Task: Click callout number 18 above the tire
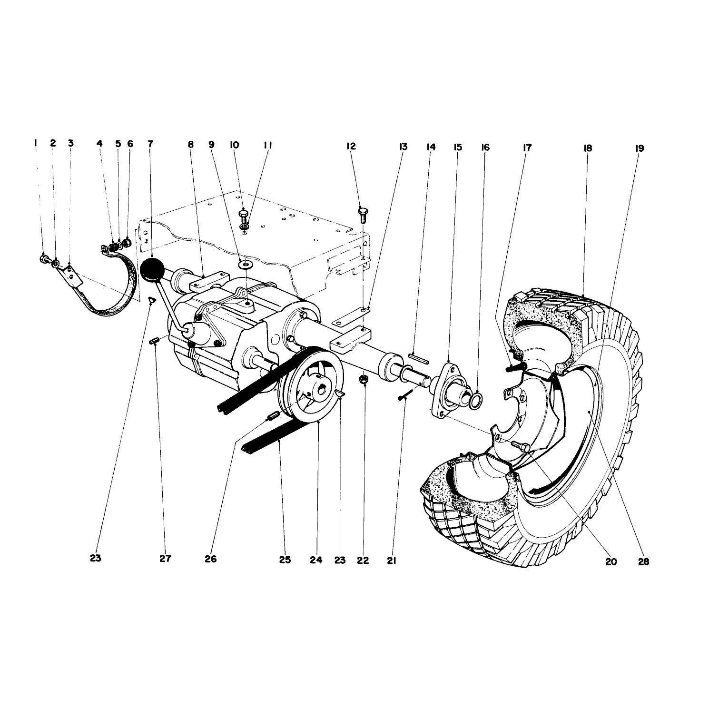pyautogui.click(x=587, y=148)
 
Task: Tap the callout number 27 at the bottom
pyautogui.click(x=165, y=558)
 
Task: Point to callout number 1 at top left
pyautogui.click(x=35, y=143)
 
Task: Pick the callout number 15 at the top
pyautogui.click(x=458, y=148)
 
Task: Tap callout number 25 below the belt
pyautogui.click(x=285, y=560)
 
